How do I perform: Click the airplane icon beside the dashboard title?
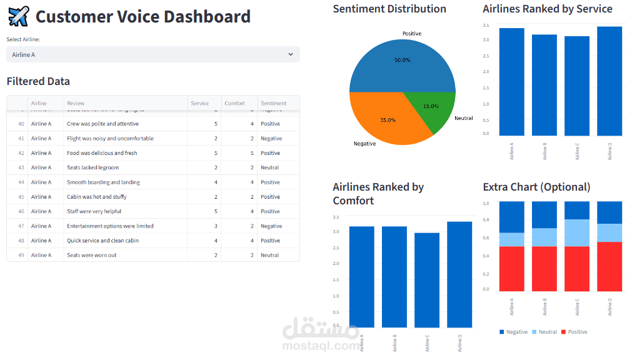pyautogui.click(x=18, y=16)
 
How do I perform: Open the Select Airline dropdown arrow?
pyautogui.click(x=291, y=54)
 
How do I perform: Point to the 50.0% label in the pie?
pyautogui.click(x=403, y=60)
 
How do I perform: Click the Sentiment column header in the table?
pyautogui.click(x=274, y=103)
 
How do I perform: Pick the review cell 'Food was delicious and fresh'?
pyautogui.click(x=102, y=153)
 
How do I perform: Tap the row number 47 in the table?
pyautogui.click(x=21, y=226)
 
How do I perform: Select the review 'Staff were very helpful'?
pyautogui.click(x=94, y=211)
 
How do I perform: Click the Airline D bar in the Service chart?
pyautogui.click(x=609, y=81)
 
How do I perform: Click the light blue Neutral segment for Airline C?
pyautogui.click(x=577, y=232)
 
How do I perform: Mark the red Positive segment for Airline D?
pyautogui.click(x=609, y=266)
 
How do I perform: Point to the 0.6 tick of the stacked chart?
pyautogui.click(x=486, y=238)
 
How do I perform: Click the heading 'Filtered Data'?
pyautogui.click(x=38, y=81)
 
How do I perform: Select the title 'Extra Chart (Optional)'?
pyautogui.click(x=536, y=187)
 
